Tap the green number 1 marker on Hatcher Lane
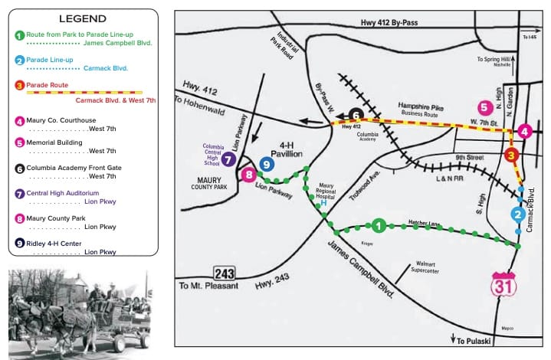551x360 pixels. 378,225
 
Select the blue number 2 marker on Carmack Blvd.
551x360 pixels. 519,214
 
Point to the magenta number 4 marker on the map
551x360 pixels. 484,108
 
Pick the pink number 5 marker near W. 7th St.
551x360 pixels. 355,116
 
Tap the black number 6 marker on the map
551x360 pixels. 228,159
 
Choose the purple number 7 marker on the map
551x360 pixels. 248,175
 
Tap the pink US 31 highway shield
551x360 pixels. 500,282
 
